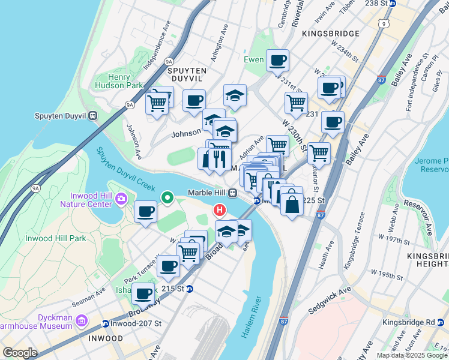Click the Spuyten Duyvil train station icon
(92, 116)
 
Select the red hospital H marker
(220, 210)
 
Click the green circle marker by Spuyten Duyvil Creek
(168, 196)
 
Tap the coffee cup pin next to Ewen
(278, 61)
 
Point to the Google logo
(20, 353)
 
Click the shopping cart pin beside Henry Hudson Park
(157, 103)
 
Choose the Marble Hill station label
(208, 192)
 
